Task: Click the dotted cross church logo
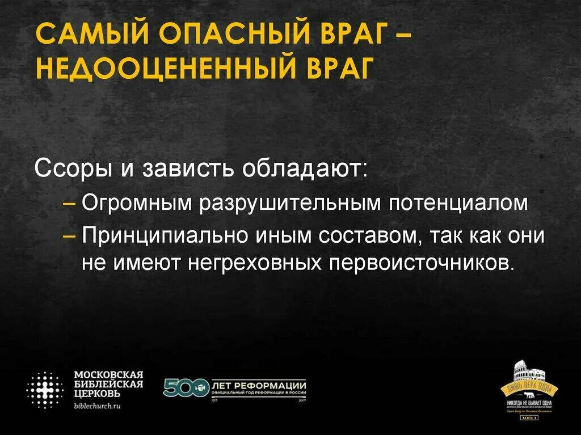[45, 390]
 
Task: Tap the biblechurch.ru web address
[98, 406]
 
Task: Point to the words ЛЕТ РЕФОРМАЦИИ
[259, 384]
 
